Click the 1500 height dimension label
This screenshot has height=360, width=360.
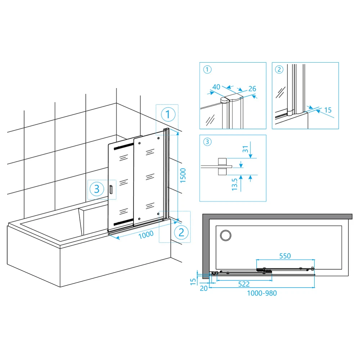point(183,175)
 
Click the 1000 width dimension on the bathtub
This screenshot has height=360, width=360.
point(146,235)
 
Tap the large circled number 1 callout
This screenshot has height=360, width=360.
point(168,114)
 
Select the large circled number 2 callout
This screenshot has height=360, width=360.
point(181,232)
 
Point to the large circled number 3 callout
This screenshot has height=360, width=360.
point(96,189)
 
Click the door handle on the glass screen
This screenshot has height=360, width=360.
point(111,189)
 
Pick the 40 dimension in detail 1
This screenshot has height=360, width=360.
point(216,87)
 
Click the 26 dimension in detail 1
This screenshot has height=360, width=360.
point(252,89)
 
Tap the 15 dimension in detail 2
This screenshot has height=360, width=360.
point(328,110)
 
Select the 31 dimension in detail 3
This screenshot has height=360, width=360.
point(246,149)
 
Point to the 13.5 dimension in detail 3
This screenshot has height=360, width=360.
point(234,185)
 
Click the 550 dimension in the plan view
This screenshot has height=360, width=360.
point(285,256)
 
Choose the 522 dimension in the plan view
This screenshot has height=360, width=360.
point(244,284)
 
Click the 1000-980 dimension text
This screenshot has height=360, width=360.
point(262,293)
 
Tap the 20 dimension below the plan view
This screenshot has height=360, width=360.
point(204,288)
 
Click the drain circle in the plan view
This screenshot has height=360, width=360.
point(226,235)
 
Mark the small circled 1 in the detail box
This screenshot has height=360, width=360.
point(207,69)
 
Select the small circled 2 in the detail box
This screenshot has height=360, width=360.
point(279,69)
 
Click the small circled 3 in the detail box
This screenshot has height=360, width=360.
point(207,142)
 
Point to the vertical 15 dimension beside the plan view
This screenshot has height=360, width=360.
point(193,282)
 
